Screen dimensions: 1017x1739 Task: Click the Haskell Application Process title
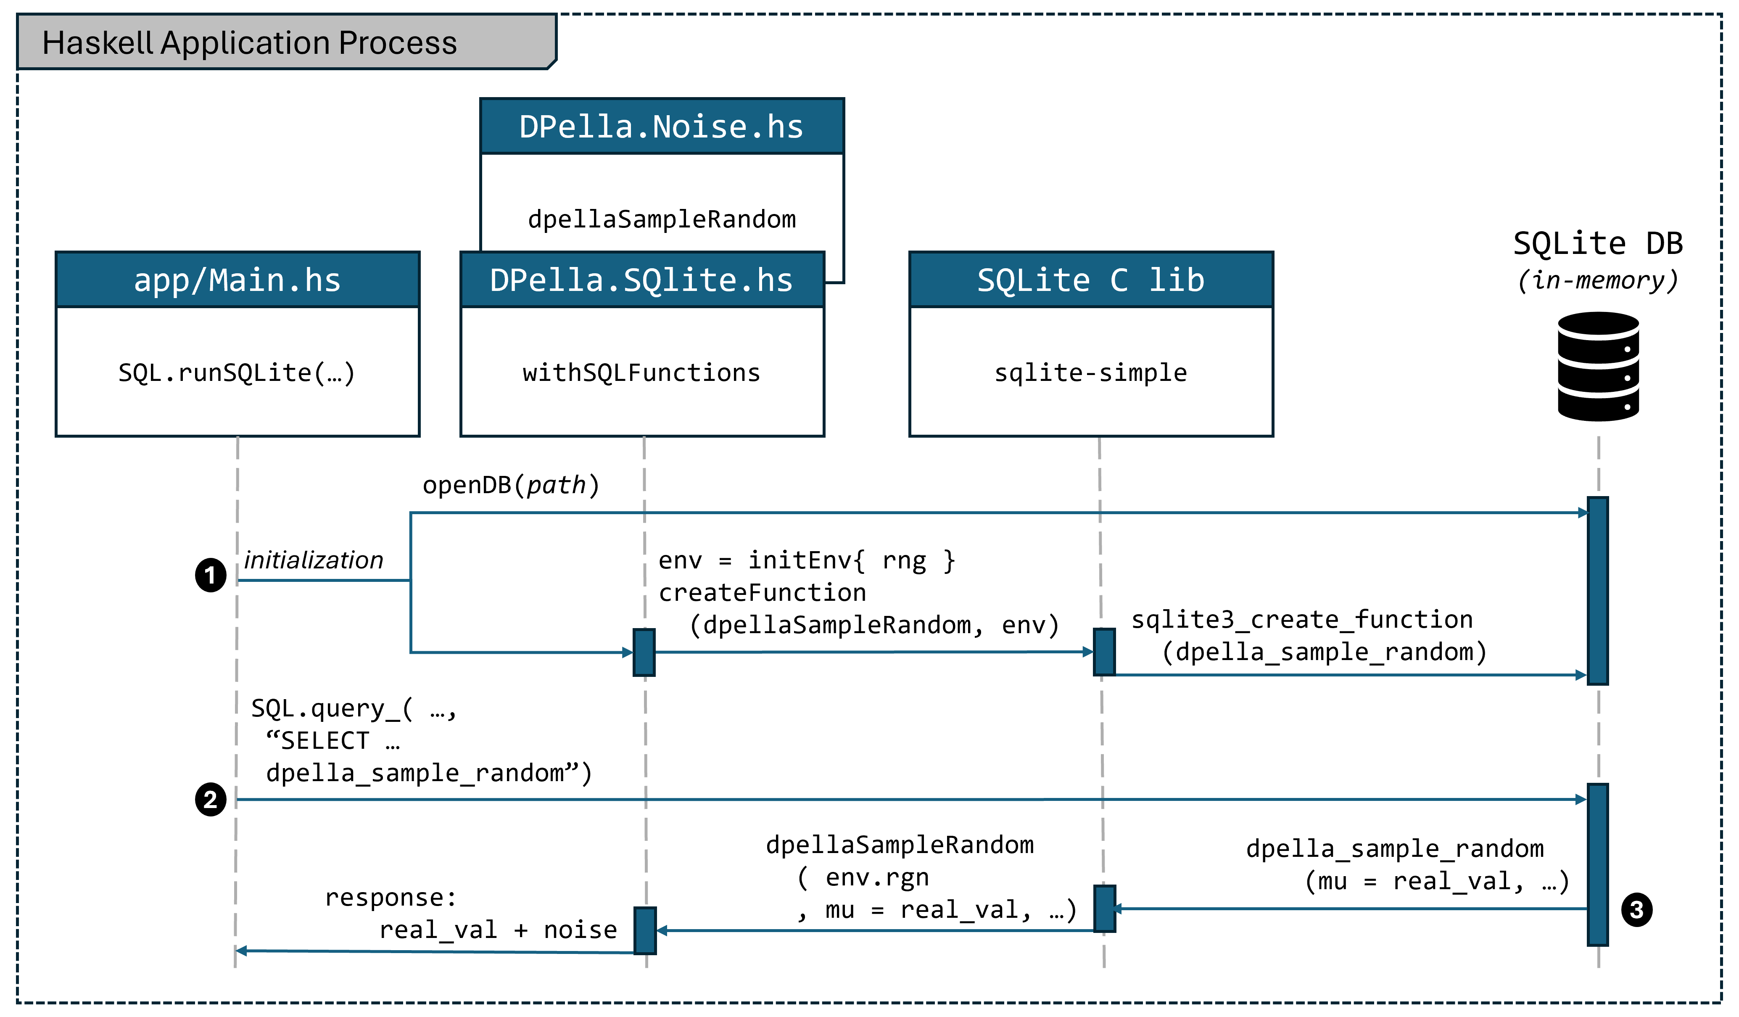[249, 43]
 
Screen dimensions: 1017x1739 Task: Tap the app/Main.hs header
[237, 280]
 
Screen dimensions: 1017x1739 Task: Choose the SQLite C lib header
[1090, 280]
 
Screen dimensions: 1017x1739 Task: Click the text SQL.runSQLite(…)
[237, 372]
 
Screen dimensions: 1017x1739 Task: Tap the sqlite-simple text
[1090, 372]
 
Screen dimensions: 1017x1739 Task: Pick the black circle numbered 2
[211, 800]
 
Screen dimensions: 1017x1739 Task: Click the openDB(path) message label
[511, 485]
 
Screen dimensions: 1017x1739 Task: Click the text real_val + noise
[498, 930]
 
